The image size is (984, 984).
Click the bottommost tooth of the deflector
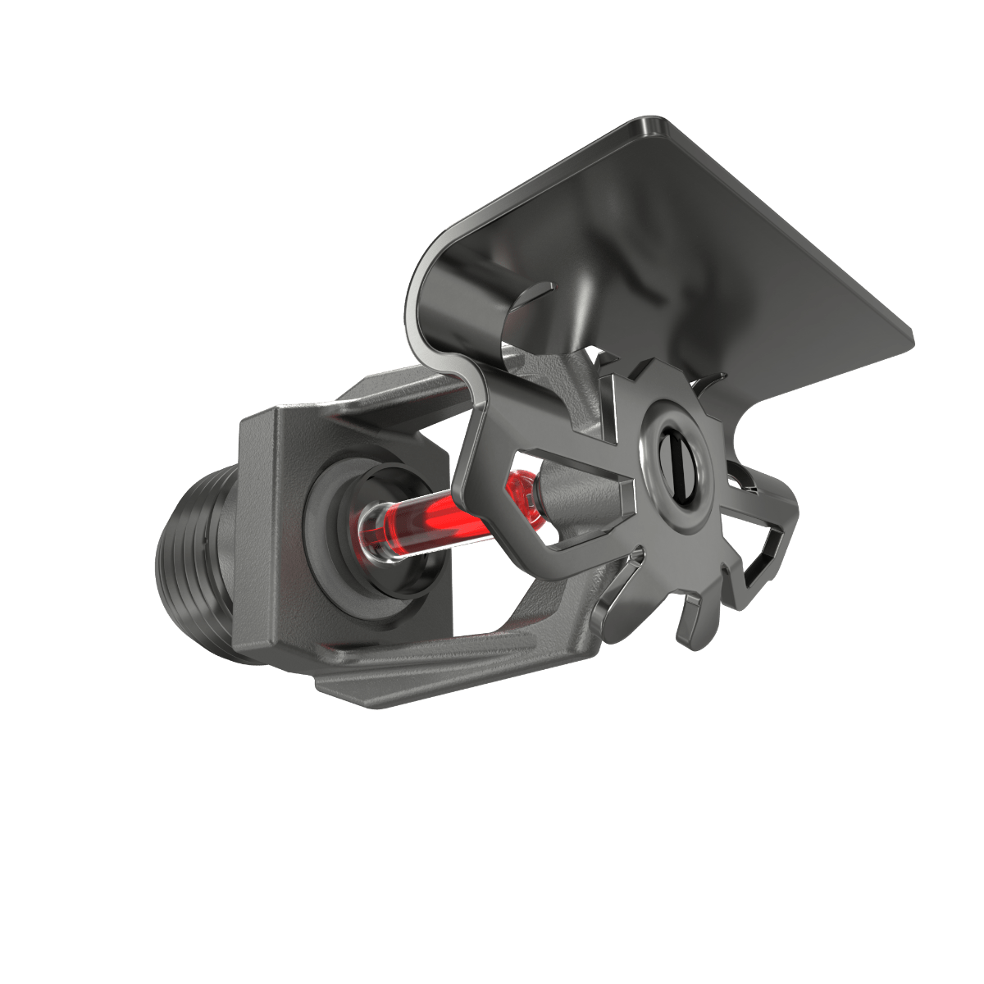[x=689, y=627]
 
